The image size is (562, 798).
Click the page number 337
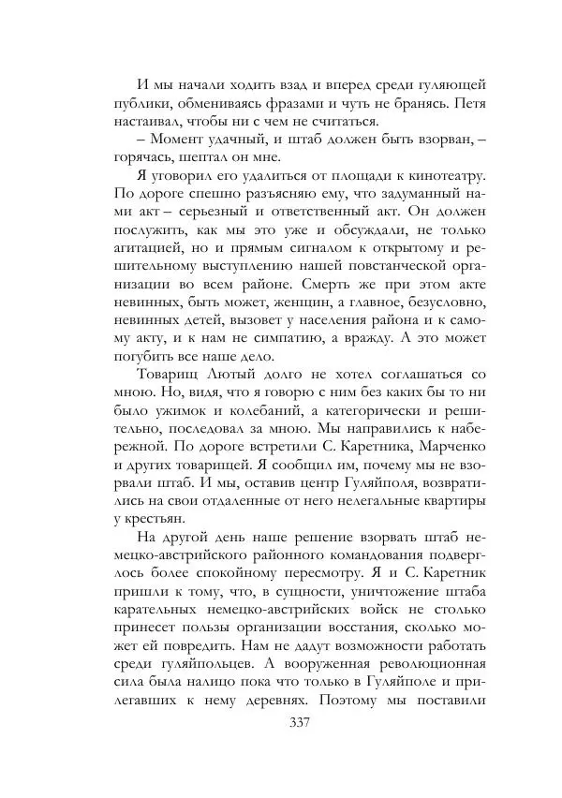click(299, 722)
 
